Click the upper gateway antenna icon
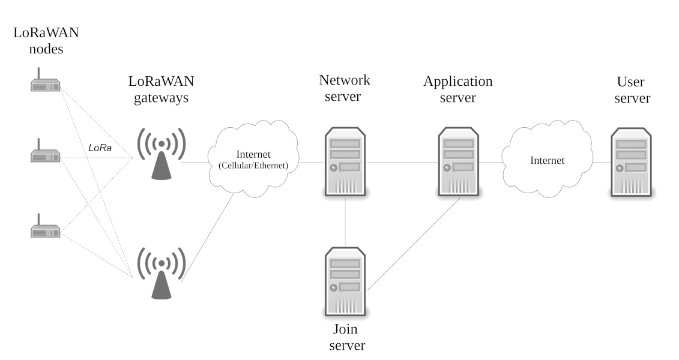coord(161,154)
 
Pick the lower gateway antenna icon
coord(161,274)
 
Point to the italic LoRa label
coord(100,147)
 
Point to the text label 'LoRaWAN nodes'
coord(46,40)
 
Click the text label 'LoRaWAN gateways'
coord(161,89)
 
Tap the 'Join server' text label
coord(345,337)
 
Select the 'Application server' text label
coord(458,89)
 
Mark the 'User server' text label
coord(632,90)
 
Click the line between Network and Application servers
coord(402,162)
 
